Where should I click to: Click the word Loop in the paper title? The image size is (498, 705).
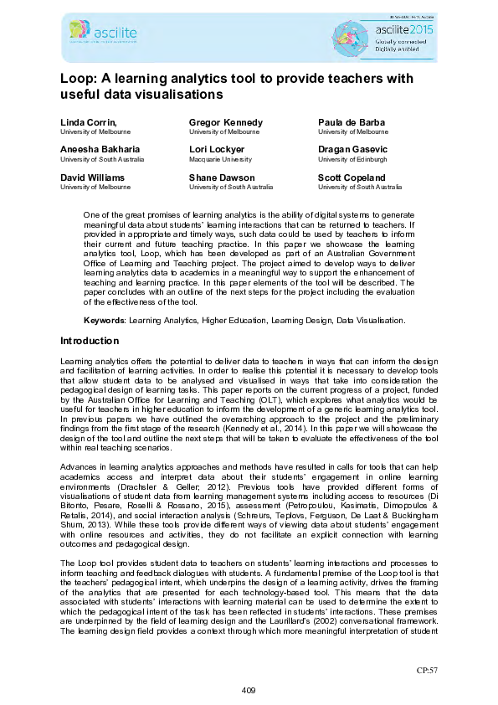[77, 79]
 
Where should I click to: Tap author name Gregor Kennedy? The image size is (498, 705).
[225, 123]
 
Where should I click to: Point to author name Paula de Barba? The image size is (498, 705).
[352, 123]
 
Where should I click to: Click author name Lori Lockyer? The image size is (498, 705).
[217, 150]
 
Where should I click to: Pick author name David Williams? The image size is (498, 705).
[92, 178]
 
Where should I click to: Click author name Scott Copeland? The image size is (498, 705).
[352, 178]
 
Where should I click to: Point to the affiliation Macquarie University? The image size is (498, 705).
[220, 159]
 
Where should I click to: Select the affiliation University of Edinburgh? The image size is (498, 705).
[352, 159]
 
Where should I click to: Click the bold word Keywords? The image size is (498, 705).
[104, 322]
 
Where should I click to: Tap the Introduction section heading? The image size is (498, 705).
[90, 342]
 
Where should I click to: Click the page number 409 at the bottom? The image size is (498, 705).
[249, 689]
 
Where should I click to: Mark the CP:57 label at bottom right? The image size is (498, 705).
[428, 671]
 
